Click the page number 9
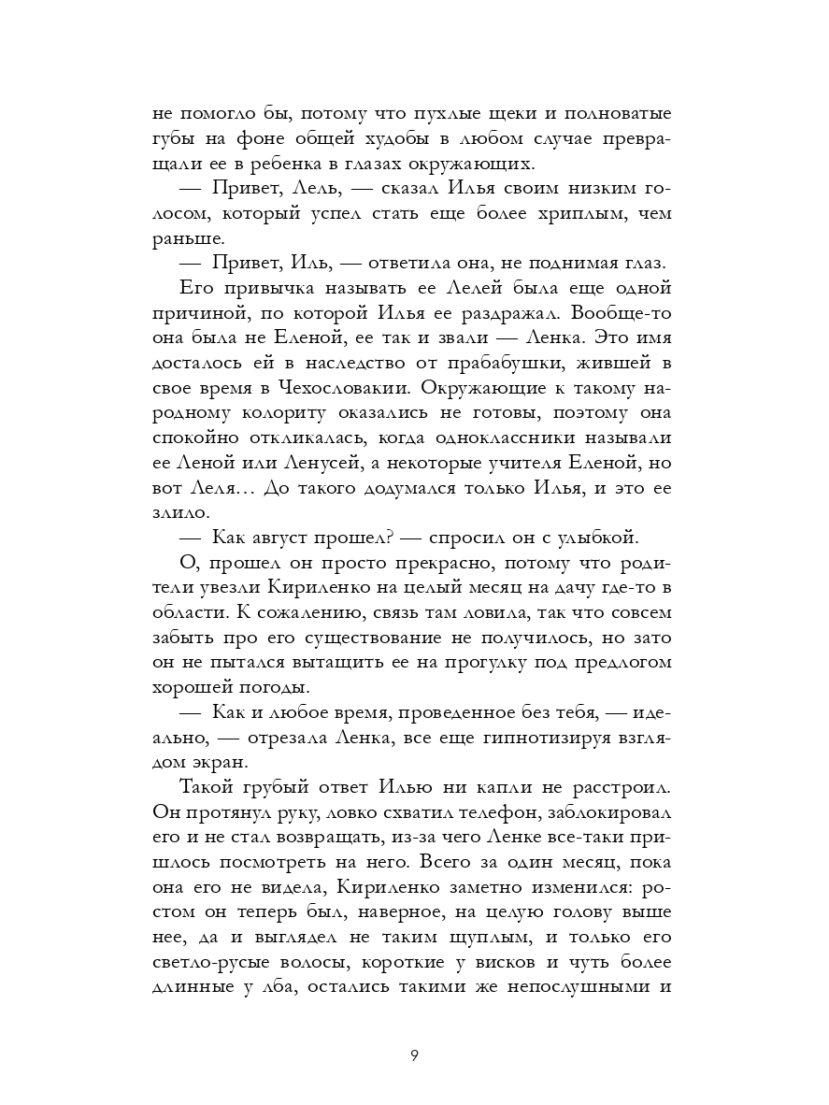(414, 1057)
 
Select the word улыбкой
(594, 538)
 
